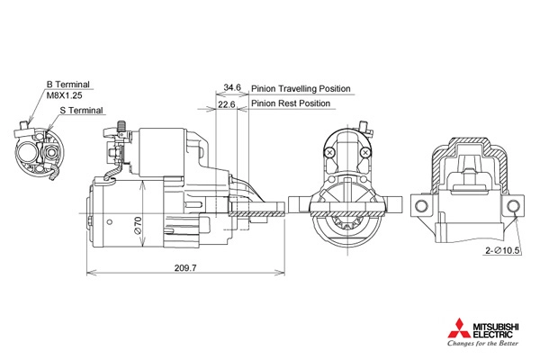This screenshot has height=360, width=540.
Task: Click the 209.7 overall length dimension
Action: (185, 267)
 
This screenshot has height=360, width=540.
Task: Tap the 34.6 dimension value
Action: (232, 87)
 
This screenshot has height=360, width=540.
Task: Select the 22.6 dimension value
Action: (226, 104)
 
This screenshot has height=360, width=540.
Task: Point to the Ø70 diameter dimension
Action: (138, 226)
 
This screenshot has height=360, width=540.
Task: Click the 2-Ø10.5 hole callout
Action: (502, 251)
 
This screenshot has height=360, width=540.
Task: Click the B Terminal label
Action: (67, 85)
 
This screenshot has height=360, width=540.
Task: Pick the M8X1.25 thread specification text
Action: (65, 95)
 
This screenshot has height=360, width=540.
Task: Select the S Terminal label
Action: (81, 111)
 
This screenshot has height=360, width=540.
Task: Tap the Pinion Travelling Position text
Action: (301, 89)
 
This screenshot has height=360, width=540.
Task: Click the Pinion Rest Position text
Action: (291, 103)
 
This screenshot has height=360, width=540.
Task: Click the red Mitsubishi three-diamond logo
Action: (459, 328)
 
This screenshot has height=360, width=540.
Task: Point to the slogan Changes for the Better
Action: (482, 343)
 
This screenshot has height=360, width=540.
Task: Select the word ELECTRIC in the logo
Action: (492, 334)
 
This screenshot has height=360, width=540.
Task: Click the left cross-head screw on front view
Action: (329, 152)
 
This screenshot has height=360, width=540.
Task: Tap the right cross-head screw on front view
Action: (365, 152)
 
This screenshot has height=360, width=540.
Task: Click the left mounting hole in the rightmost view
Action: (421, 206)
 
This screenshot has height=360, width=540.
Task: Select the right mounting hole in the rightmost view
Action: (513, 206)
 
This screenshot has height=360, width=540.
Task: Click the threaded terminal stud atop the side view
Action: (121, 126)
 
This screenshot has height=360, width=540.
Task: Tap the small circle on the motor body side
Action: (110, 222)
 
